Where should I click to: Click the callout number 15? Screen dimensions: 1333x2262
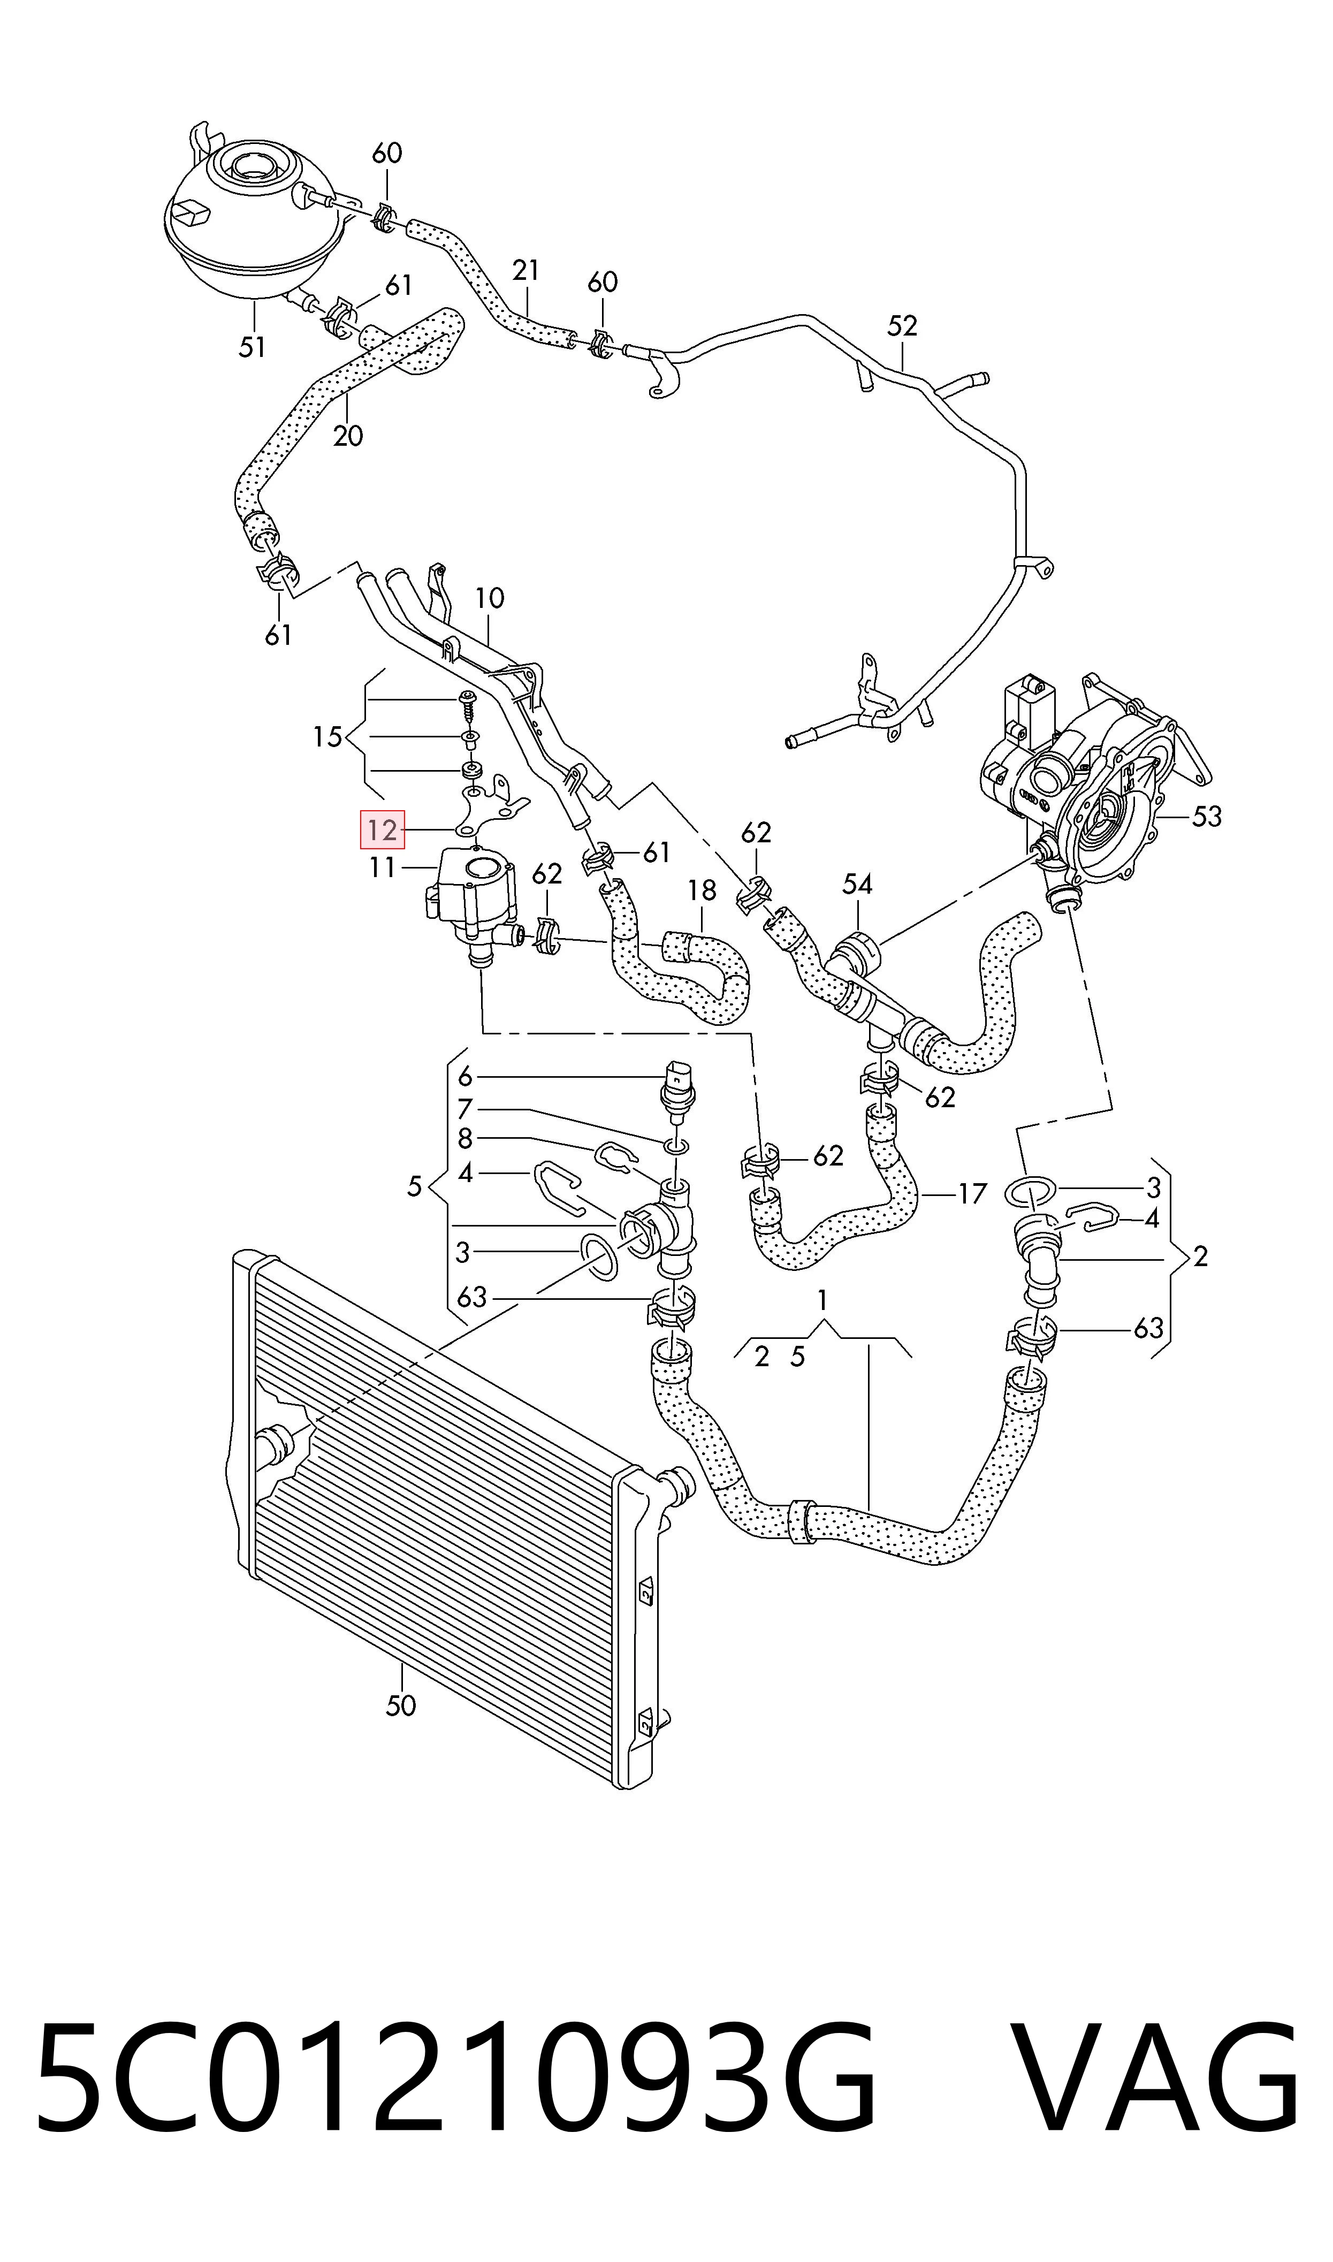coord(328,737)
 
